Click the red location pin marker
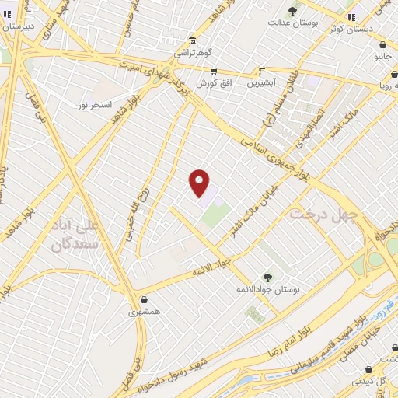click(200, 183)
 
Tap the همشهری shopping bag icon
click(144, 299)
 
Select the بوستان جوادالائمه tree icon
click(267, 278)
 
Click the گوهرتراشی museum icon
click(192, 40)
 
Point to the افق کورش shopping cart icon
click(214, 71)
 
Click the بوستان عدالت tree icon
click(292, 11)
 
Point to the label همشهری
click(145, 312)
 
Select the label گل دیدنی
click(369, 382)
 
